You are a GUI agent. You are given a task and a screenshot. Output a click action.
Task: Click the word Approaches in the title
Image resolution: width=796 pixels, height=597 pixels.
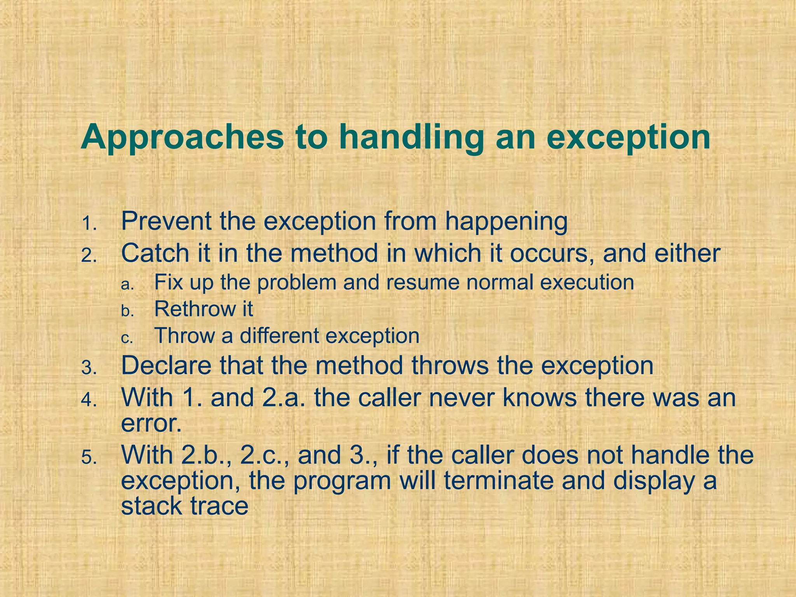(182, 138)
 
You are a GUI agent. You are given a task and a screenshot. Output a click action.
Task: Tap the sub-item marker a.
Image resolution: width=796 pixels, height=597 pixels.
(127, 285)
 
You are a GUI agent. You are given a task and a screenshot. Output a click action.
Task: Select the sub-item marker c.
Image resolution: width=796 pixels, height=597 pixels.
(127, 339)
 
